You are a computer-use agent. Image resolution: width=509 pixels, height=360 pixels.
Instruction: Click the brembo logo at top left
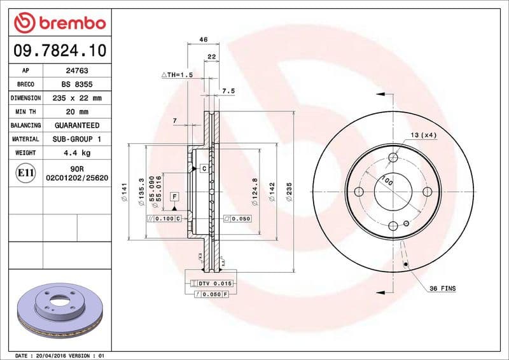click(59, 22)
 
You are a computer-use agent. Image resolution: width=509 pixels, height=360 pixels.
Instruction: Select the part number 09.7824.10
click(59, 49)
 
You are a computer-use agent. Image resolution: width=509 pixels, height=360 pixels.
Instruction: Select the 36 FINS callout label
click(443, 289)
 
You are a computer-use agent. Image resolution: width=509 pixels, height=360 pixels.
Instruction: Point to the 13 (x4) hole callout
click(423, 135)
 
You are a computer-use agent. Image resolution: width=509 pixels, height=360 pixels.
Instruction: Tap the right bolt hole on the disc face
click(428, 191)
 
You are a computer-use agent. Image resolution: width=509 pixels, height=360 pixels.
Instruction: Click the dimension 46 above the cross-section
click(204, 39)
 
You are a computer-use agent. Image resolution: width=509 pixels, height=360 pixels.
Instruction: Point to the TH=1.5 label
click(178, 75)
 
